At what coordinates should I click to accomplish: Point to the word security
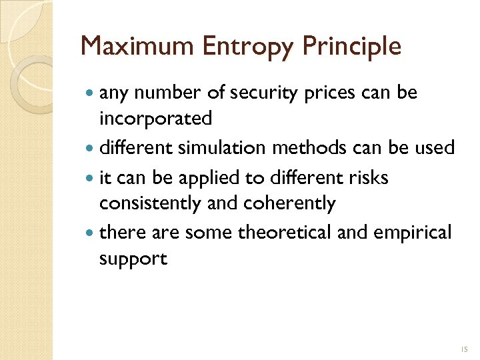[x=261, y=93]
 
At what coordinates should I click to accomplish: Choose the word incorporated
[x=155, y=119]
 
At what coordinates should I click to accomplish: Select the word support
[x=133, y=259]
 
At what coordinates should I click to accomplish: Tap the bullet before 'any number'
[x=91, y=94]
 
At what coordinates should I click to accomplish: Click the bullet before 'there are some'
[x=91, y=233]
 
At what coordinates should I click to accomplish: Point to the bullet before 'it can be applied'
[x=91, y=178]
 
